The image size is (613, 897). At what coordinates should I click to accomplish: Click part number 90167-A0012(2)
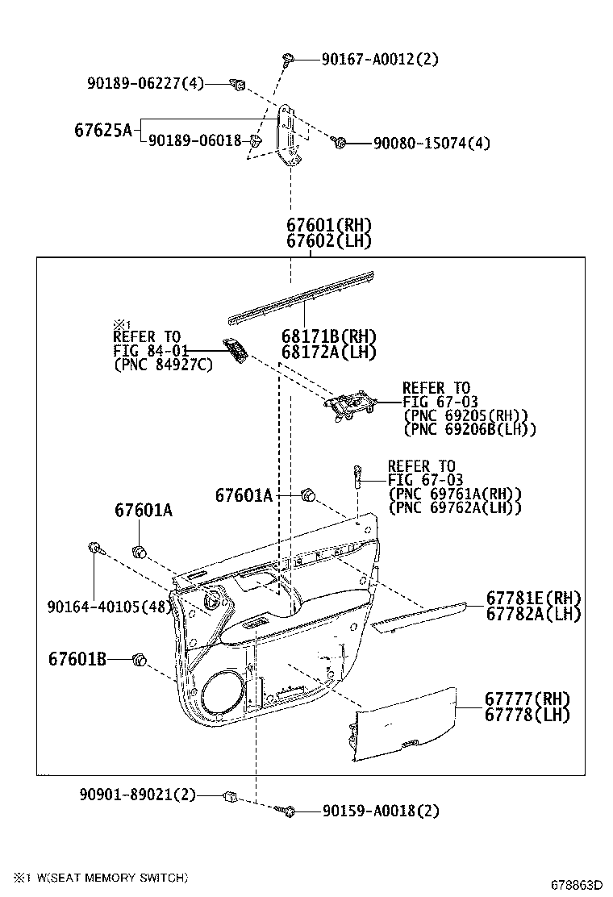380,59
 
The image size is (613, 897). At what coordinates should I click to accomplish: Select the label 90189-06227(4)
146,83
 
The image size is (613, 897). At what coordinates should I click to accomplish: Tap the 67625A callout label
102,130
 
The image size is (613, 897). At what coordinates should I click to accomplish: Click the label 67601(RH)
329,226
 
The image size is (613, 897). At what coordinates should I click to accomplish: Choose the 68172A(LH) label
328,352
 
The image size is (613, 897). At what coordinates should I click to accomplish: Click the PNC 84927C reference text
163,365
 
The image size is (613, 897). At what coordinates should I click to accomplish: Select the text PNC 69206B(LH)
469,429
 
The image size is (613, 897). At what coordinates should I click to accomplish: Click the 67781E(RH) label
533,598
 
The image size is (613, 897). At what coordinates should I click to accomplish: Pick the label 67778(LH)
527,715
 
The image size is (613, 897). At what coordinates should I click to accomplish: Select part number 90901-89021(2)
138,795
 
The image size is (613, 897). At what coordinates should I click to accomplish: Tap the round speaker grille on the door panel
216,693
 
